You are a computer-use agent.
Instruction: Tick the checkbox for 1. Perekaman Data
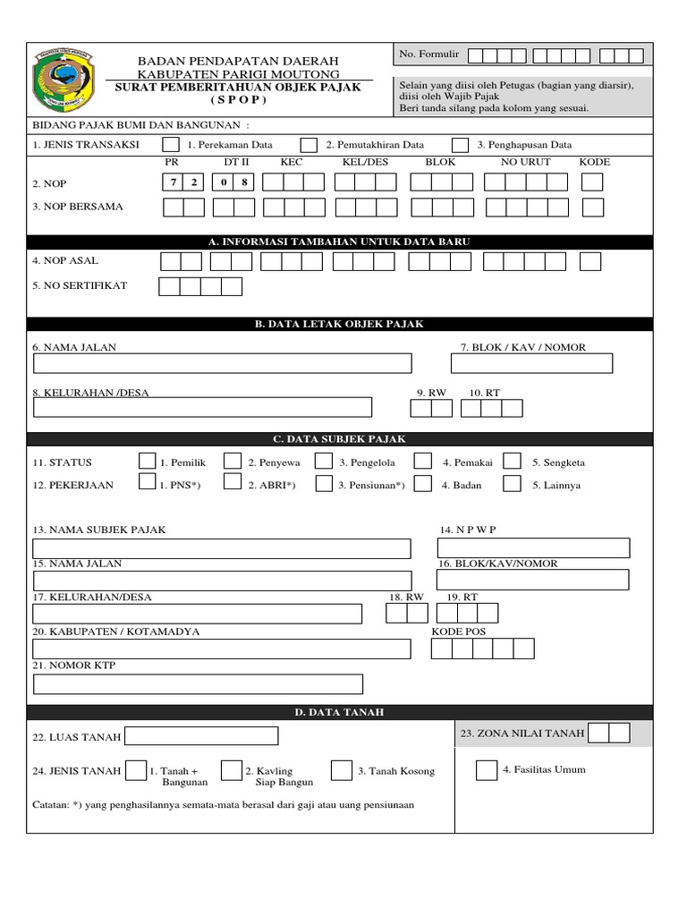point(170,145)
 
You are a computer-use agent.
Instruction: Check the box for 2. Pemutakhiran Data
point(309,145)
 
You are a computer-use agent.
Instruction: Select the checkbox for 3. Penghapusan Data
point(460,145)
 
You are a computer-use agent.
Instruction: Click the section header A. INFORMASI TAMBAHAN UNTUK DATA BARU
point(339,242)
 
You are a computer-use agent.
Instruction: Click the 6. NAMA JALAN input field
point(223,363)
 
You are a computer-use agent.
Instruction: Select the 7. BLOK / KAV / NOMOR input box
point(531,363)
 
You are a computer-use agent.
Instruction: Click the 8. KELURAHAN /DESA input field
point(203,408)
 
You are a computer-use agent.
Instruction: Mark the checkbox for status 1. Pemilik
point(148,462)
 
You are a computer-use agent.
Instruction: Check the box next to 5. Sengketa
point(512,462)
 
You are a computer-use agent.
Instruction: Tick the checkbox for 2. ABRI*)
point(233,484)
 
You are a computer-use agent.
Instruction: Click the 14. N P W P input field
point(533,547)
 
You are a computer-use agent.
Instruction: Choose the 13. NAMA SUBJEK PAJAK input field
point(222,547)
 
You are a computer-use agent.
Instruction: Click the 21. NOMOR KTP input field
point(198,684)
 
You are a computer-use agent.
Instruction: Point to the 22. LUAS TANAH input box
point(201,736)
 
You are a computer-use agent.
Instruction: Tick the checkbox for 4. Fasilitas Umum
point(487,770)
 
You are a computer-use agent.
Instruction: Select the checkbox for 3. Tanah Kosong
point(341,771)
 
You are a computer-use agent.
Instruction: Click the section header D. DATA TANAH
point(339,712)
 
